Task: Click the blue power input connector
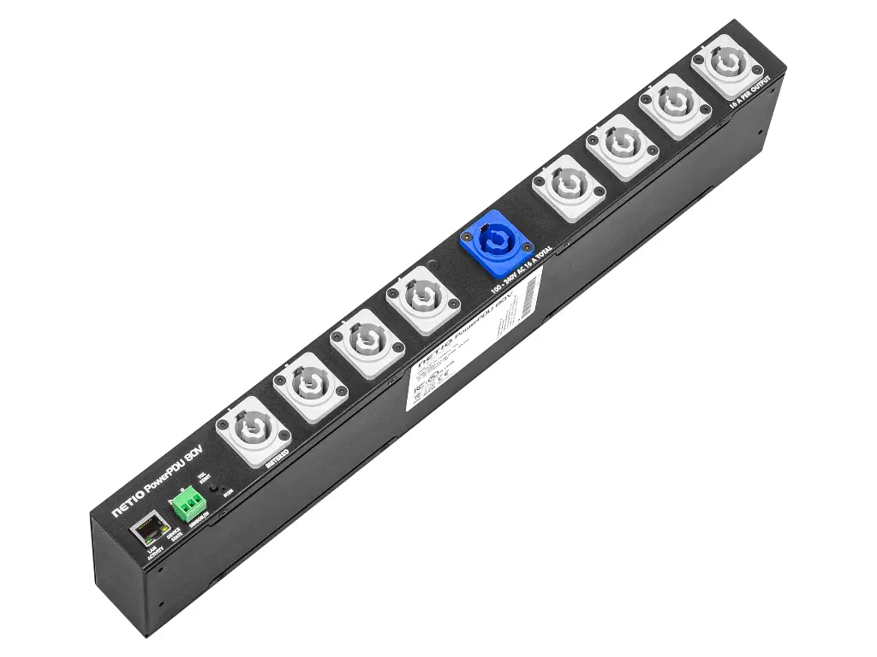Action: tap(497, 242)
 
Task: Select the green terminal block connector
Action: tap(188, 506)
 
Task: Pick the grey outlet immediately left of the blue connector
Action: tap(419, 299)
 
